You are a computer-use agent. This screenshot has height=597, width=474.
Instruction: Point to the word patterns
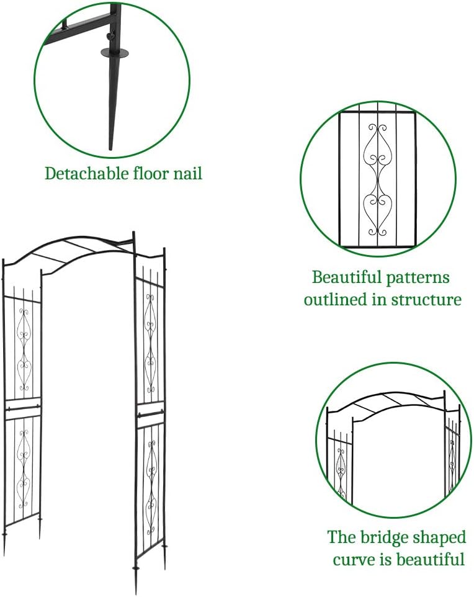pos(421,277)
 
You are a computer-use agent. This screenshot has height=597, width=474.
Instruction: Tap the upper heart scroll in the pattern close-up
pos(377,148)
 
